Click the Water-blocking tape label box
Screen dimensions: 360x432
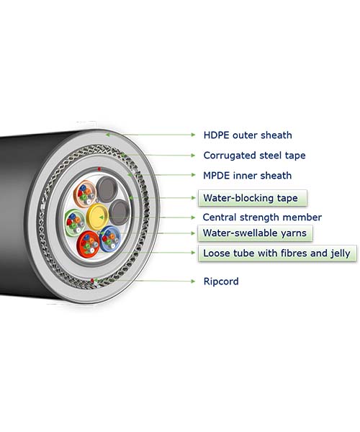(x=252, y=198)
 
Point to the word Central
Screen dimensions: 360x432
(x=220, y=217)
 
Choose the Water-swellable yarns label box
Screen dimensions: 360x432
(x=255, y=233)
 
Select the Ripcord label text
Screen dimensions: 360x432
(x=221, y=282)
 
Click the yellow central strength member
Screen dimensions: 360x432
(x=97, y=217)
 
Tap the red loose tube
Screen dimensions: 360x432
(x=88, y=244)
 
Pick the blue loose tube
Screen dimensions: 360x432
(x=110, y=239)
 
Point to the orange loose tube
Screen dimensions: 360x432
(x=85, y=194)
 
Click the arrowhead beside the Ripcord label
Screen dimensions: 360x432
(x=193, y=282)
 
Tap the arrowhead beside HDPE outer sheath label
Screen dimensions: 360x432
(x=193, y=135)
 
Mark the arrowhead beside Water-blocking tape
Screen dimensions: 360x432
(x=193, y=198)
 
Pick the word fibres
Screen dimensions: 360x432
(x=293, y=253)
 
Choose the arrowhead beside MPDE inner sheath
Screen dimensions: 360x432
(x=193, y=175)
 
